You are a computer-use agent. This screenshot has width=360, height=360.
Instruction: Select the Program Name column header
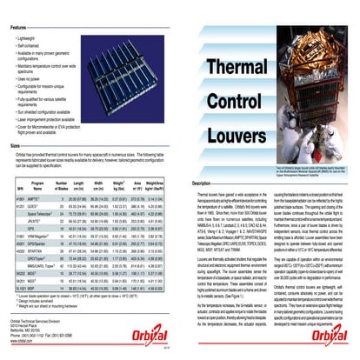(x=37, y=186)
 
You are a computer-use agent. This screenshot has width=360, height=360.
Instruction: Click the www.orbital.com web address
(x=23, y=343)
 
